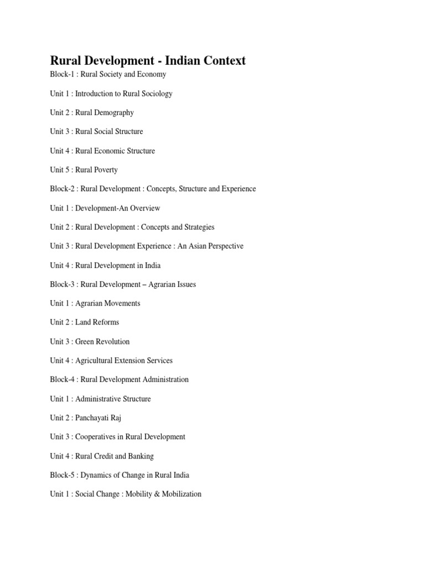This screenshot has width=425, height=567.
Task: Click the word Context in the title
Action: (222, 61)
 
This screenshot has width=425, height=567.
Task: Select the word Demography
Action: (114, 113)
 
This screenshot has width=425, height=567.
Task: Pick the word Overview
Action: (144, 208)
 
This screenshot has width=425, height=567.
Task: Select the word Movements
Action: (122, 303)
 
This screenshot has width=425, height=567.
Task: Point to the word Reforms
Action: (105, 322)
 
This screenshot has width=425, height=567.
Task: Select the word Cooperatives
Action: (96, 437)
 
